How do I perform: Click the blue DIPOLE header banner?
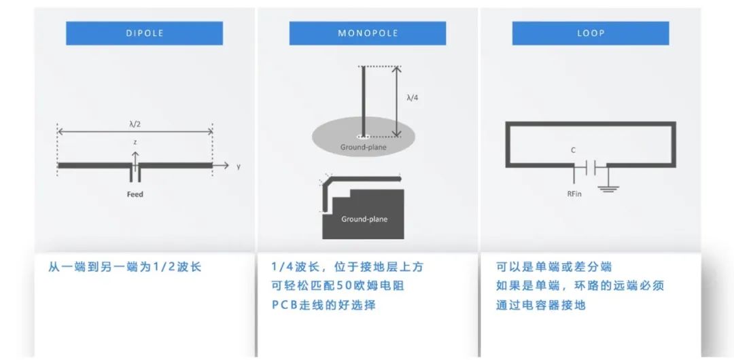144,33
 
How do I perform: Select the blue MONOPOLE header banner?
368,33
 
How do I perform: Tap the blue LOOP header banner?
591,33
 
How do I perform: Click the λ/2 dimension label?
135,124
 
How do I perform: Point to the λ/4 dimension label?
412,98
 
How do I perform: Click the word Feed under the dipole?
135,194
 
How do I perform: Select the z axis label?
135,141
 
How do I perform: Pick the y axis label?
239,166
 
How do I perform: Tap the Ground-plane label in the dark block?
364,219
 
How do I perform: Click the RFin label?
574,194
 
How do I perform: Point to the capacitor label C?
574,151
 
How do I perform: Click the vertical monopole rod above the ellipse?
363,101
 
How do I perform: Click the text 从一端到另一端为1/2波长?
124,268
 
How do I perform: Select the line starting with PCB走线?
324,305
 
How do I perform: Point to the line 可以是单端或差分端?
555,268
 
